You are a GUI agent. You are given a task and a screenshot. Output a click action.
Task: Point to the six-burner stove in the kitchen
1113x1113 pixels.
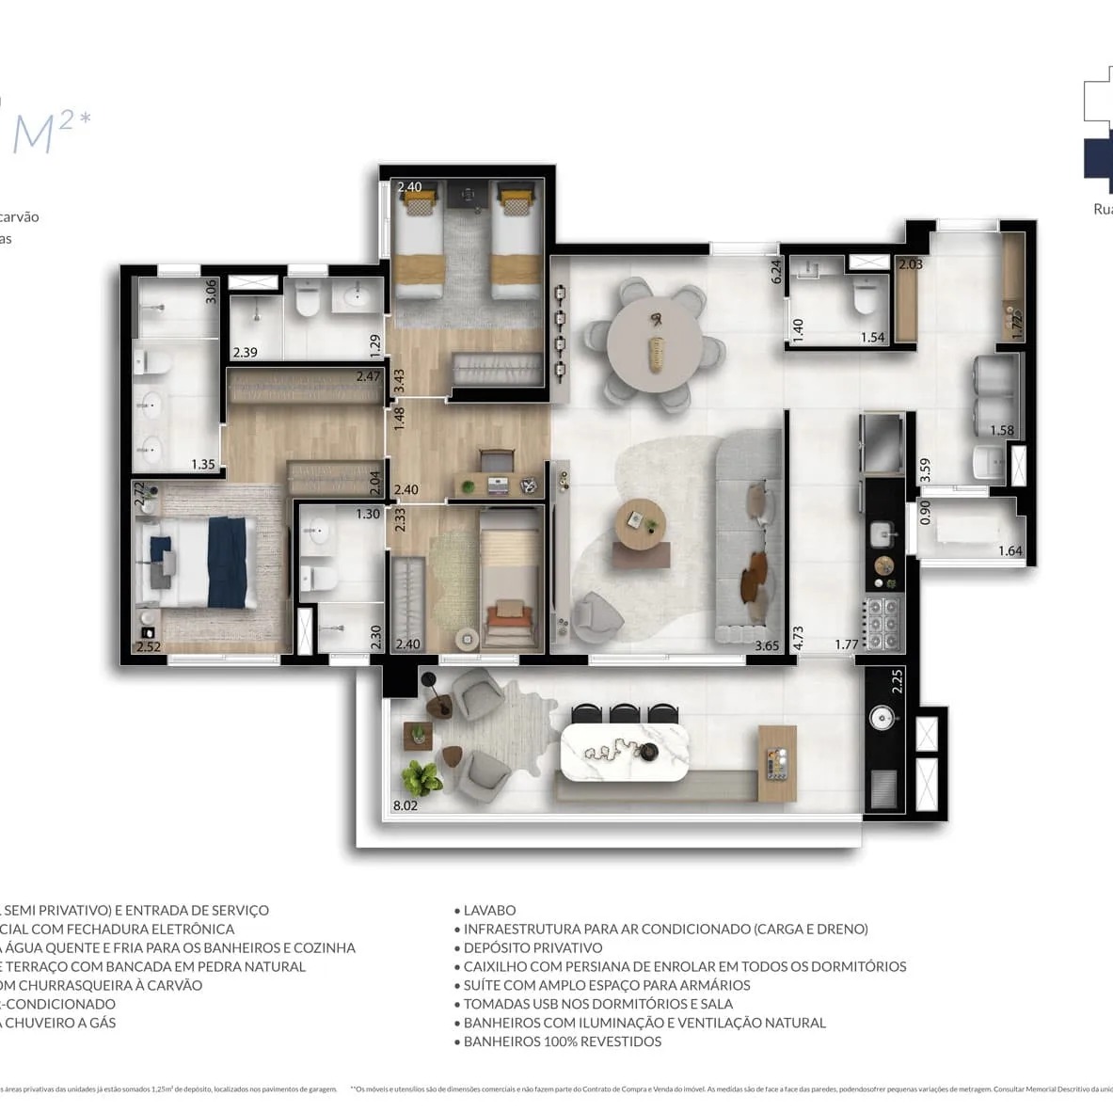[x=883, y=622]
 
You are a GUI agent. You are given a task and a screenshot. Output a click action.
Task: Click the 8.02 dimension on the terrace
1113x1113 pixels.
[x=405, y=805]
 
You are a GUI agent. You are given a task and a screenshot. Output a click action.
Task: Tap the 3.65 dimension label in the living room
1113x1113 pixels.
[x=767, y=645]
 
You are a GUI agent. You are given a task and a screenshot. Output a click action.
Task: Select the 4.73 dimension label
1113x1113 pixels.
[x=798, y=639]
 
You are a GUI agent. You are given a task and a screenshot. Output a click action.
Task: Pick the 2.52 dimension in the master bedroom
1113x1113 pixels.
[x=149, y=646]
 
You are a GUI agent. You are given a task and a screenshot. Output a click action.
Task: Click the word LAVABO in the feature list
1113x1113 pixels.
[x=489, y=911]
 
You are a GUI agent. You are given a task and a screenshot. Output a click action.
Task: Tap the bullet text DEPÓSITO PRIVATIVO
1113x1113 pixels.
[x=533, y=948]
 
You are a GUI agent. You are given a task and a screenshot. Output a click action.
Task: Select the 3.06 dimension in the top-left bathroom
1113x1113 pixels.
[x=211, y=291]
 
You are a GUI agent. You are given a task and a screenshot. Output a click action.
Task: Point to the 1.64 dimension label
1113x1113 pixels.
[x=1010, y=551]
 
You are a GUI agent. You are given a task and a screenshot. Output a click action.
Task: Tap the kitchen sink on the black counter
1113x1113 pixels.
[x=882, y=534]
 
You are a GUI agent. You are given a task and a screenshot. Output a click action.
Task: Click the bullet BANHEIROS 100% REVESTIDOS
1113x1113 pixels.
[x=562, y=1042]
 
